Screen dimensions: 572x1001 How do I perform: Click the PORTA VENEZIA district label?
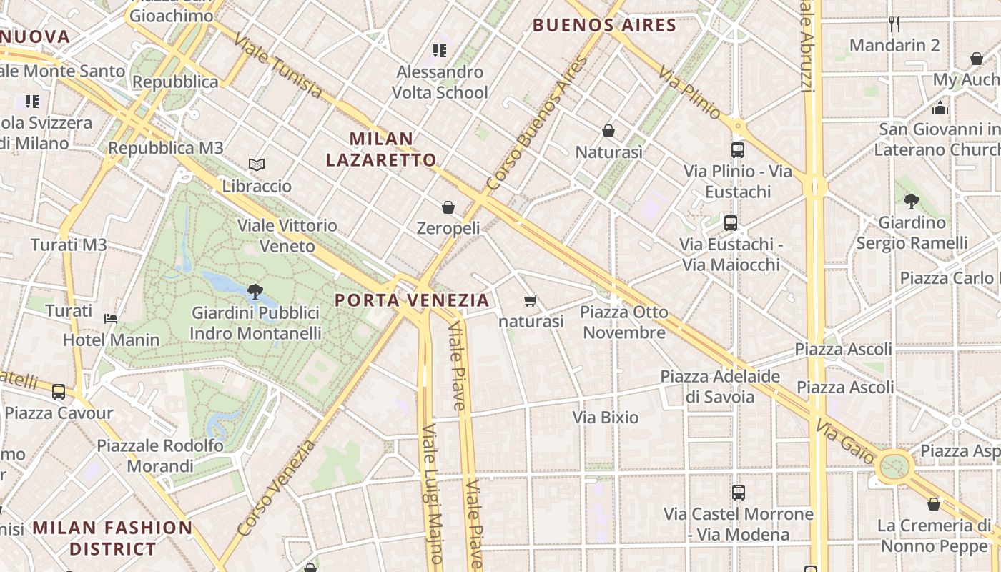413,300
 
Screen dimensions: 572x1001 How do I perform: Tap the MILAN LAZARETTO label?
381,149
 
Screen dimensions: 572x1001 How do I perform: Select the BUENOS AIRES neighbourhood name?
604,26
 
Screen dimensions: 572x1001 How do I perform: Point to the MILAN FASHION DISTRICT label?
113,538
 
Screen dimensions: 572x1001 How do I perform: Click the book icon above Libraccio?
257,165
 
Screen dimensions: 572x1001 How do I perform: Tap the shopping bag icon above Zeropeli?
448,207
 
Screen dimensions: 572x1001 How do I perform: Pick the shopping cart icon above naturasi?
530,301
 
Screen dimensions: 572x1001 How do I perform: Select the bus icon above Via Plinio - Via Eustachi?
738,150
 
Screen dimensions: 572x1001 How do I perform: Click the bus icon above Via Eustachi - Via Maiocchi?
730,223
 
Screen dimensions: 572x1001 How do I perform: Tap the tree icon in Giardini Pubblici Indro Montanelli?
255,292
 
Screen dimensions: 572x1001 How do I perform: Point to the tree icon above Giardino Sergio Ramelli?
911,202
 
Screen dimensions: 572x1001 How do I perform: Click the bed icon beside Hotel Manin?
111,318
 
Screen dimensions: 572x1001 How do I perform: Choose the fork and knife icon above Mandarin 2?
894,24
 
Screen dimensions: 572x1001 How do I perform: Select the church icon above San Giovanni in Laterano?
940,108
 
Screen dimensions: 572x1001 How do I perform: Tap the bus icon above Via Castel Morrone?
739,493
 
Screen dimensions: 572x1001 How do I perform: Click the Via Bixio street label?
606,417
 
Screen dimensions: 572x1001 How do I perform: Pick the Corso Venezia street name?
276,488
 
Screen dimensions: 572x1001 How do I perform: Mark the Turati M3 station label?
69,245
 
